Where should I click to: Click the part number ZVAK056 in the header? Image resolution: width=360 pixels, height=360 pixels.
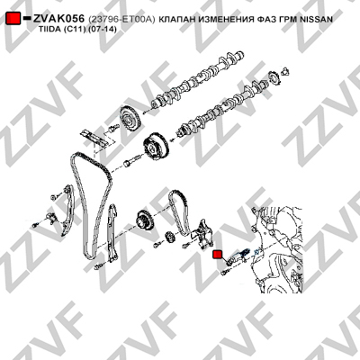(58, 19)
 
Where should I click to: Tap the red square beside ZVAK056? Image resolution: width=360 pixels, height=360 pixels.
(13, 19)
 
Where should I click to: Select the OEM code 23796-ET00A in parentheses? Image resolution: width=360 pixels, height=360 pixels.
(121, 20)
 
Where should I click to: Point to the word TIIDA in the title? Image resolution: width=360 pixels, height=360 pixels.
(50, 30)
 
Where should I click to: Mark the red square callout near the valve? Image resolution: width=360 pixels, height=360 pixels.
(217, 255)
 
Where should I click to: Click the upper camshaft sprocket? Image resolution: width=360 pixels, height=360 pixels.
(130, 119)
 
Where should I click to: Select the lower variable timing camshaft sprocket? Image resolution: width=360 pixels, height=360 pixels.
(157, 147)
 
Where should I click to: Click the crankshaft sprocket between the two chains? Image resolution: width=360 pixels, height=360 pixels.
(145, 220)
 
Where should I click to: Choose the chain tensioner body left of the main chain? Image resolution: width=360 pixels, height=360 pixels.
(50, 217)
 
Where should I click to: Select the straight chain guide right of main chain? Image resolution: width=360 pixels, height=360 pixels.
(112, 233)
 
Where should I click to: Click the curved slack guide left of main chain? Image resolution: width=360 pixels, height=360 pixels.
(67, 210)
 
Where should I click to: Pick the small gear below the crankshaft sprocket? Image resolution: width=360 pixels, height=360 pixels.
(170, 238)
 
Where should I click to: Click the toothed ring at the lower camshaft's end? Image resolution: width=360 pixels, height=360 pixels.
(274, 78)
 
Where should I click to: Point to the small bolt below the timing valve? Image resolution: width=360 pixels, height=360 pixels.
(225, 273)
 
